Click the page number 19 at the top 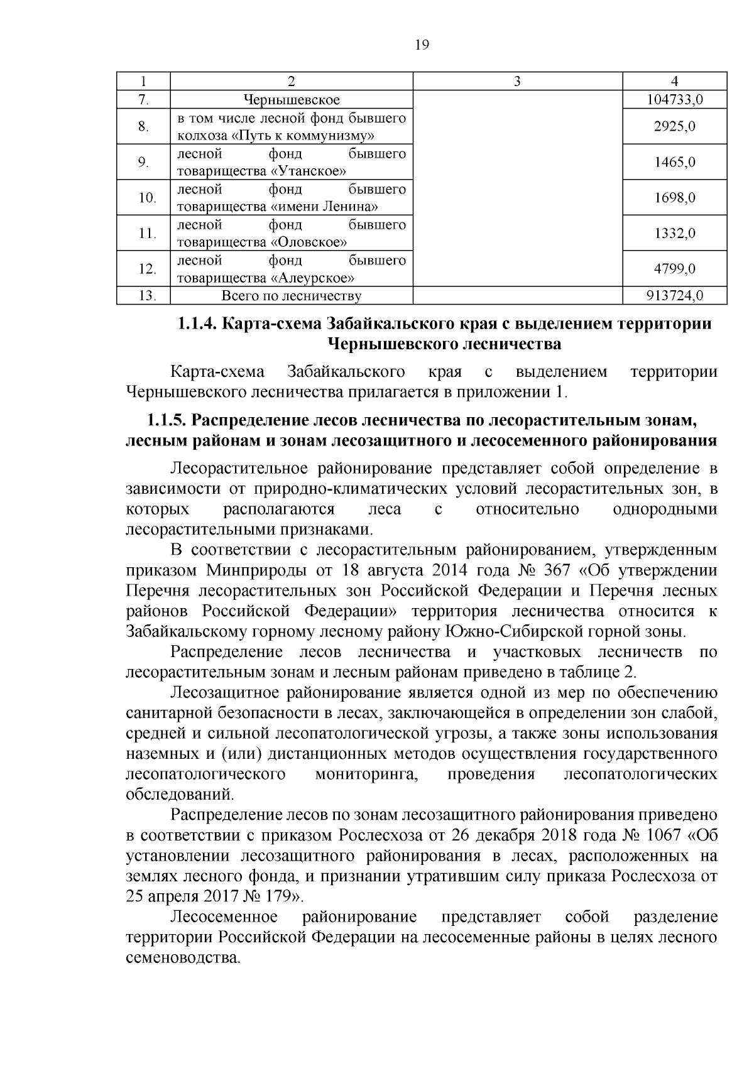422,45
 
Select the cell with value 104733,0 675,100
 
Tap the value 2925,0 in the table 675,127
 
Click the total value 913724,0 675,296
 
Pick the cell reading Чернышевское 292,100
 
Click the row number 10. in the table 147,198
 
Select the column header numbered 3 517,81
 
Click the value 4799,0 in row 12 675,269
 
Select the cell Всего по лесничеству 292,296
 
